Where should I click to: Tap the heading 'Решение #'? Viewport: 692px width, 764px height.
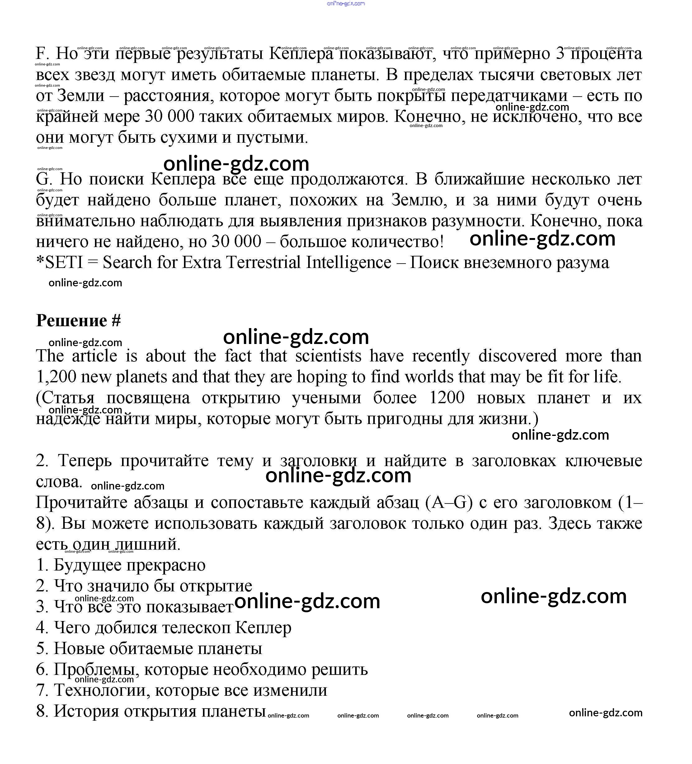78,321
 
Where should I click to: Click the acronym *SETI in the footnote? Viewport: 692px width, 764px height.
59,262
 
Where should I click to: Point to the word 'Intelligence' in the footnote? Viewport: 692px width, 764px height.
349,262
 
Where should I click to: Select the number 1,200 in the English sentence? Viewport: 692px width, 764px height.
56,377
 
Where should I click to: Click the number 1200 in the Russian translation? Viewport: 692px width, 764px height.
447,398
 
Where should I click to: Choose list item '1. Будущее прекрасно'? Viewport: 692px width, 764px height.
121,565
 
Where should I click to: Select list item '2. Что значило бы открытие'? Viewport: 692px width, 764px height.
144,586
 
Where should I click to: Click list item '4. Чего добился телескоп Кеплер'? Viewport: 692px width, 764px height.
163,628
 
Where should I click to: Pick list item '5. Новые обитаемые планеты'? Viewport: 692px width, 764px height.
149,648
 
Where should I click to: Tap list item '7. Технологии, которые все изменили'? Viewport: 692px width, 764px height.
182,690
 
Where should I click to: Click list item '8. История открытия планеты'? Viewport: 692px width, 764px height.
151,711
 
